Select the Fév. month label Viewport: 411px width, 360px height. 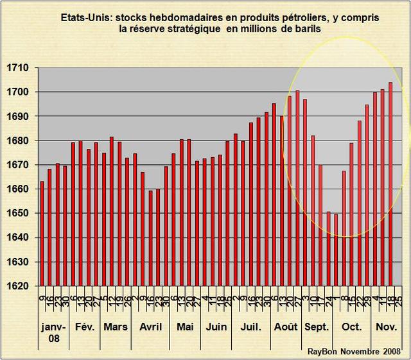(x=85, y=327)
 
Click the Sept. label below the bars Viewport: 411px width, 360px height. (x=316, y=327)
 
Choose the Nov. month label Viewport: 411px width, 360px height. (x=386, y=327)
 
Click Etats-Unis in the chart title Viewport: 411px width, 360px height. (x=86, y=17)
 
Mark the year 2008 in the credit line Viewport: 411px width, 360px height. (x=390, y=351)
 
